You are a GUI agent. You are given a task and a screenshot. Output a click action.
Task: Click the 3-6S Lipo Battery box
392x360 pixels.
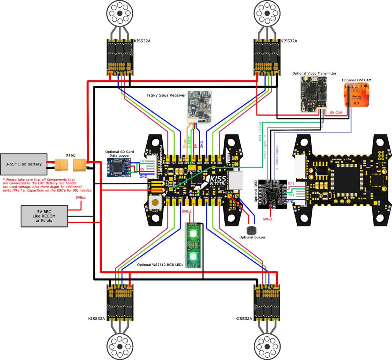click(23, 164)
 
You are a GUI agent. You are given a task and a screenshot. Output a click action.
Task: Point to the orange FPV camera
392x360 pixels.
click(358, 95)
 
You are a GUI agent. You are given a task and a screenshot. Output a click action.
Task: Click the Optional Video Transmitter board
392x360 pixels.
click(314, 94)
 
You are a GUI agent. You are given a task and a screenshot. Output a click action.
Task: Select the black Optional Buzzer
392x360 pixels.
click(251, 230)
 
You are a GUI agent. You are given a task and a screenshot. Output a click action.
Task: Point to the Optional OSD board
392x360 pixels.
click(272, 193)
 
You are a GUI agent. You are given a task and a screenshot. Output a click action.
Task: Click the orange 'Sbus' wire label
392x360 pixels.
click(185, 144)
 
